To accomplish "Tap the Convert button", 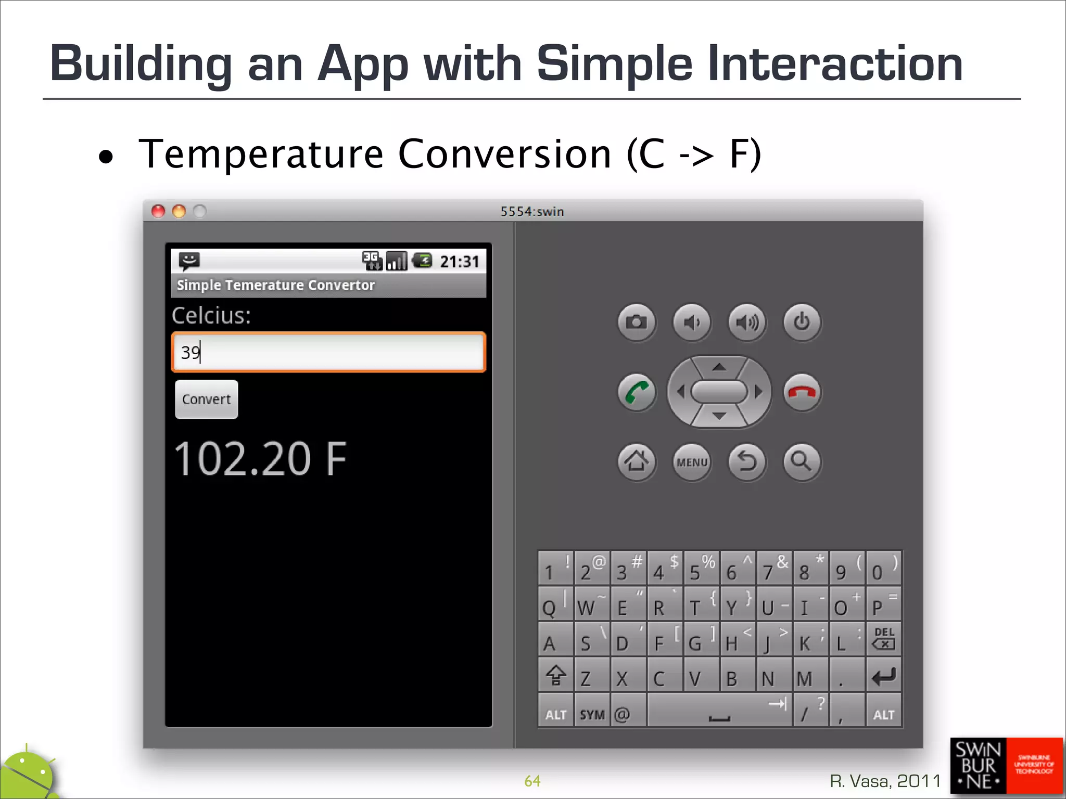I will pos(206,399).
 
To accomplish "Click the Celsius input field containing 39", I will pos(328,352).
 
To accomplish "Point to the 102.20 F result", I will pos(260,459).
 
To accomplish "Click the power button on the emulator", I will pos(802,322).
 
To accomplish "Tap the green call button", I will pos(636,392).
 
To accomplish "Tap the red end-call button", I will pos(802,392).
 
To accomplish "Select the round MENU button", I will pos(692,462).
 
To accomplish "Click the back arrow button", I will pos(747,462).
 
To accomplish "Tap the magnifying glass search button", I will pos(802,462).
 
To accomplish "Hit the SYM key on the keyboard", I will pos(592,714).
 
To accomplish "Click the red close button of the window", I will pos(158,211).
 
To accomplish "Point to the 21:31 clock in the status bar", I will pos(459,261).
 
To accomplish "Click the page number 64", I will pos(532,781).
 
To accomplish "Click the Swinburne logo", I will pos(1006,766).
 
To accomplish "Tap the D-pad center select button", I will pos(719,392).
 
